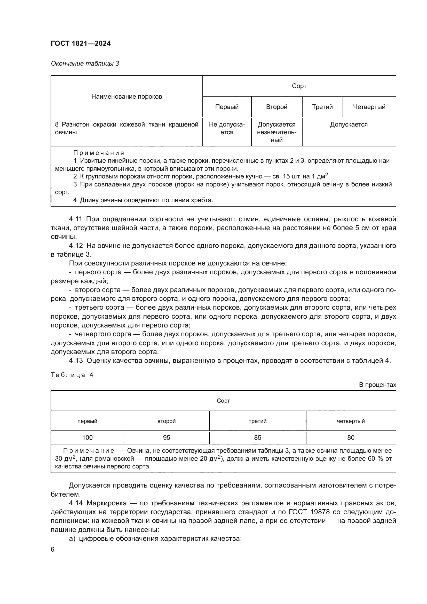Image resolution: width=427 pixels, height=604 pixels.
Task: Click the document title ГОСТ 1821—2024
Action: click(81, 43)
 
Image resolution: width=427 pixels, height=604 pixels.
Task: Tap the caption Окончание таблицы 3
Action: click(85, 64)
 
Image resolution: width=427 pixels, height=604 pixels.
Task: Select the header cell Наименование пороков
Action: click(126, 97)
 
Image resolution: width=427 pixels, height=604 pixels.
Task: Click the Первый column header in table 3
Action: click(227, 107)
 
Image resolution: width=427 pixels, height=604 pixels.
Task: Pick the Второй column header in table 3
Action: click(276, 107)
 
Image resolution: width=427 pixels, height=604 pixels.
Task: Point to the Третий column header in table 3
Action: click(322, 107)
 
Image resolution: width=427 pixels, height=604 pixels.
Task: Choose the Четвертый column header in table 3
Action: click(369, 107)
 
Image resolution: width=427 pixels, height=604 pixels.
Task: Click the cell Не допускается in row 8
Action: click(227, 128)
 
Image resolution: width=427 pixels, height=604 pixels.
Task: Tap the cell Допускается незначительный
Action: click(276, 132)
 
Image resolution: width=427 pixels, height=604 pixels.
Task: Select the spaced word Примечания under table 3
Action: click(99, 153)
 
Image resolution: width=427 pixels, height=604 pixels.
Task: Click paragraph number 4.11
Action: click(75, 219)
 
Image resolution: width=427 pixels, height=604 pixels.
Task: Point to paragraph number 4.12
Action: click(75, 246)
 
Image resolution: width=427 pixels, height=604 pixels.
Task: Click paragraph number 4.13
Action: click(75, 361)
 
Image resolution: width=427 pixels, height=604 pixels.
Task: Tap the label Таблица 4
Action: click(72, 375)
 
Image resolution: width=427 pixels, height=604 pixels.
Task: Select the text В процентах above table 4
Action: click(377, 385)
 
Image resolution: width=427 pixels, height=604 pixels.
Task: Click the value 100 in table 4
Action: click(87, 437)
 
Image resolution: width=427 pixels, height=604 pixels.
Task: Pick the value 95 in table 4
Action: click(167, 437)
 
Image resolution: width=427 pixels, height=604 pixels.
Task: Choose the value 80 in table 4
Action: click(351, 437)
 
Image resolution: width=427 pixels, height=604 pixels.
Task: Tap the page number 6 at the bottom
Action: click(53, 550)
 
